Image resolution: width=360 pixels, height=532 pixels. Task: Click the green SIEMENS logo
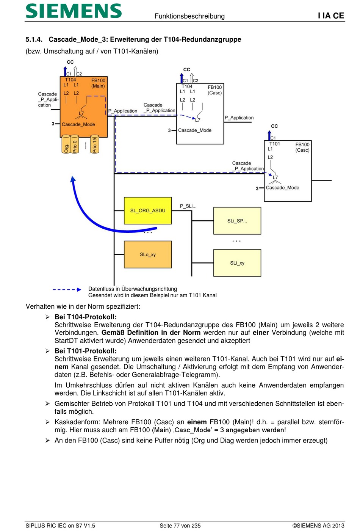click(x=74, y=11)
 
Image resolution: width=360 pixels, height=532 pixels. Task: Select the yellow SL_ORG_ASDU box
click(x=148, y=210)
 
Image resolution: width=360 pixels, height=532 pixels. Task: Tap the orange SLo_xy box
click(x=148, y=254)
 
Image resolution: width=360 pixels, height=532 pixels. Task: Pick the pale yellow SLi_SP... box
click(x=237, y=221)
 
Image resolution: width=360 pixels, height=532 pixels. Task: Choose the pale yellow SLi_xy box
click(x=237, y=263)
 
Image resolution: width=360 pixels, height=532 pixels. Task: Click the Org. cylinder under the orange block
click(x=66, y=145)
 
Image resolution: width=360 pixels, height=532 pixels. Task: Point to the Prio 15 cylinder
click(x=94, y=145)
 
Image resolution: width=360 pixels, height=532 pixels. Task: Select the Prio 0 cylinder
click(x=75, y=145)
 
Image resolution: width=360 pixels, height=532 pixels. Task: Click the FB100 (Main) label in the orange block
click(x=98, y=83)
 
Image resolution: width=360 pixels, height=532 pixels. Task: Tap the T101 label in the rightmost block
click(x=275, y=144)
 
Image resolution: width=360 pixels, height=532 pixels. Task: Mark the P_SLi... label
click(x=188, y=206)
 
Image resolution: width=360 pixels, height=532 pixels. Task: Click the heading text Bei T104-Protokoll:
click(x=86, y=317)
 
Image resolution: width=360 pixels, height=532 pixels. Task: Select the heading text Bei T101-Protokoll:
click(x=86, y=351)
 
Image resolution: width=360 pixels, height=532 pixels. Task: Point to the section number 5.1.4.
click(x=34, y=39)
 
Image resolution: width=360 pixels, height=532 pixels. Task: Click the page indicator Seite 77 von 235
click(x=180, y=526)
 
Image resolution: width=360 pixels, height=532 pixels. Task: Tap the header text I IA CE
click(x=331, y=16)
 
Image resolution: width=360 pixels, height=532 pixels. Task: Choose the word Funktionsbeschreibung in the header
click(x=189, y=16)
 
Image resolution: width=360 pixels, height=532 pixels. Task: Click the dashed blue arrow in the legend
click(x=67, y=290)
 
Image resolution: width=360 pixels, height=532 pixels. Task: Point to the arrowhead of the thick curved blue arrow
click(x=73, y=179)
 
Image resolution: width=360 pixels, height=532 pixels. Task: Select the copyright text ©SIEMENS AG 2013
click(x=318, y=526)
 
